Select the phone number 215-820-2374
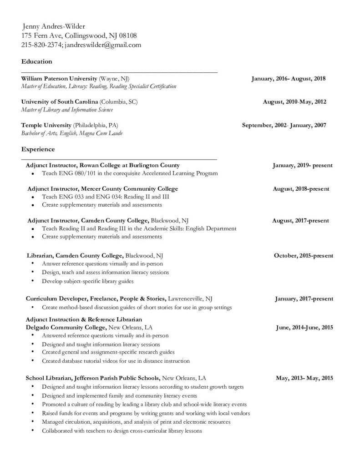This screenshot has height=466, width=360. point(41,45)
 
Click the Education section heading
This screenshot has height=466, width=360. point(36,61)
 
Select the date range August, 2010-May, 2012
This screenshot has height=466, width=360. point(294,102)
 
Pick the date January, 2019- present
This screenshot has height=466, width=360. point(303,165)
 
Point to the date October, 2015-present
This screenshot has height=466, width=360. point(303,255)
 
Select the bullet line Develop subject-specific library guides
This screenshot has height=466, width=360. point(88,281)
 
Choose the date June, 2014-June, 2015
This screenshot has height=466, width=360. point(304,327)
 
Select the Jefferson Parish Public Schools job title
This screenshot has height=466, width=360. point(92,378)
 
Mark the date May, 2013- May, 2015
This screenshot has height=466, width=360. point(304,378)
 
